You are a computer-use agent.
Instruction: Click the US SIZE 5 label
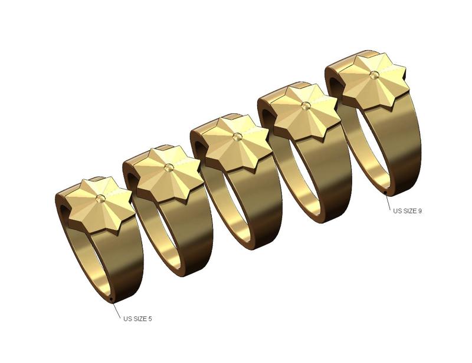(x=137, y=319)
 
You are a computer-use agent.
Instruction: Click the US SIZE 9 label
(x=407, y=210)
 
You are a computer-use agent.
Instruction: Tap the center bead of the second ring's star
(x=169, y=167)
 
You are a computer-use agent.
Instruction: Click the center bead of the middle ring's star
(x=237, y=137)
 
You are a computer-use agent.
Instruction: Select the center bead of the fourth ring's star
(x=305, y=105)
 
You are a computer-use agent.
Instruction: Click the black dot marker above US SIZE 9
(x=385, y=192)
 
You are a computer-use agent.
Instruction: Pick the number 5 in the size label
(x=150, y=319)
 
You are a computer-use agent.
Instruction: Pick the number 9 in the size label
(x=419, y=210)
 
